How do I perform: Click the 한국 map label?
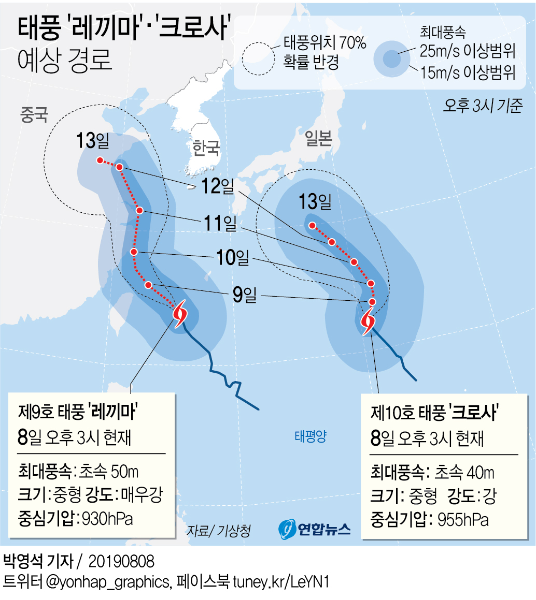click(x=206, y=148)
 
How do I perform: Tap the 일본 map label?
click(x=318, y=138)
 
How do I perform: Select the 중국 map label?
click(x=34, y=115)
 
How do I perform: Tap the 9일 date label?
click(x=244, y=296)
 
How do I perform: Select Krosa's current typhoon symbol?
click(x=368, y=321)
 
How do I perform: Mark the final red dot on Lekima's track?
click(x=99, y=160)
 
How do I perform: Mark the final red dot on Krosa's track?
click(x=313, y=225)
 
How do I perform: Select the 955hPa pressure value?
click(x=462, y=519)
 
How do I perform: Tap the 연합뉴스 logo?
click(x=315, y=528)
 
